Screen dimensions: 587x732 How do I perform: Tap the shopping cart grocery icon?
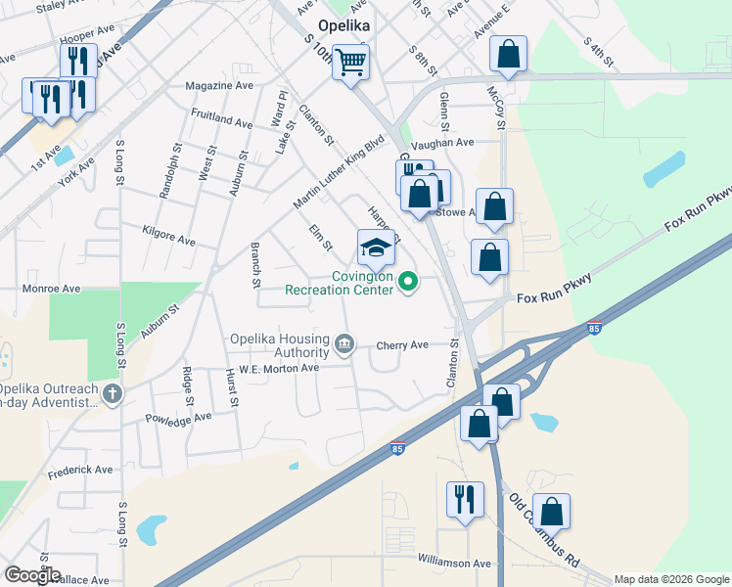click(350, 64)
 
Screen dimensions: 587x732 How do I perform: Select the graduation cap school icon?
click(376, 249)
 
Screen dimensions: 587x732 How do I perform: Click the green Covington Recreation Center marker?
click(409, 283)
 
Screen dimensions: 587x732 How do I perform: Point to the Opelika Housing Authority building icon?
click(344, 343)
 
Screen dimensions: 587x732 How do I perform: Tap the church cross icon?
click(114, 394)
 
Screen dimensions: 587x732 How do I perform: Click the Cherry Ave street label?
click(403, 345)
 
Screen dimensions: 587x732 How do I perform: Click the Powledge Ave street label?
click(178, 418)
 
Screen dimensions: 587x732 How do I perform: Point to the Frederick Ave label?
click(80, 471)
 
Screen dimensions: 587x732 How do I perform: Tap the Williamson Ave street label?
click(454, 564)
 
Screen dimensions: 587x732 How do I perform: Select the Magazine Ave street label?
click(220, 86)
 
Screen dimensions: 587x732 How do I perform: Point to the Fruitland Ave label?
click(222, 118)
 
